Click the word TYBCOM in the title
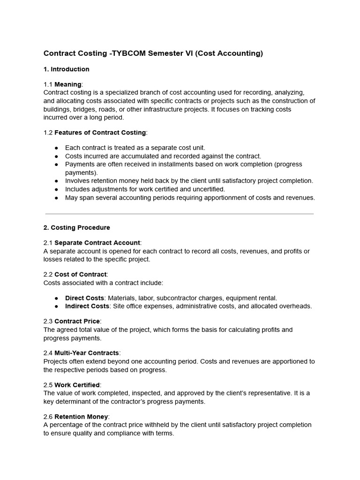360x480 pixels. pyautogui.click(x=128, y=53)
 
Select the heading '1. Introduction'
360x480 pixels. pyautogui.click(x=66, y=69)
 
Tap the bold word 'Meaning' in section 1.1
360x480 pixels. pyautogui.click(x=68, y=84)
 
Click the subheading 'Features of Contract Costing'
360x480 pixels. pyautogui.click(x=100, y=133)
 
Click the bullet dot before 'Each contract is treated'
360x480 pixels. pyautogui.click(x=56, y=148)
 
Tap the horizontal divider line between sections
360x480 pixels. pyautogui.click(x=180, y=214)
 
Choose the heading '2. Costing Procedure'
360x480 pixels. pyautogui.click(x=76, y=228)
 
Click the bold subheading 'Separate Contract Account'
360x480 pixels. pyautogui.click(x=97, y=243)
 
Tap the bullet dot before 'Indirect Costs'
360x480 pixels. pyautogui.click(x=56, y=307)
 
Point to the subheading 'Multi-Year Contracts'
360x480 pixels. pyautogui.click(x=87, y=353)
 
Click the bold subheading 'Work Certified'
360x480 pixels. pyautogui.click(x=77, y=385)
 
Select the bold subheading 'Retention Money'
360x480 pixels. pyautogui.click(x=81, y=417)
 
